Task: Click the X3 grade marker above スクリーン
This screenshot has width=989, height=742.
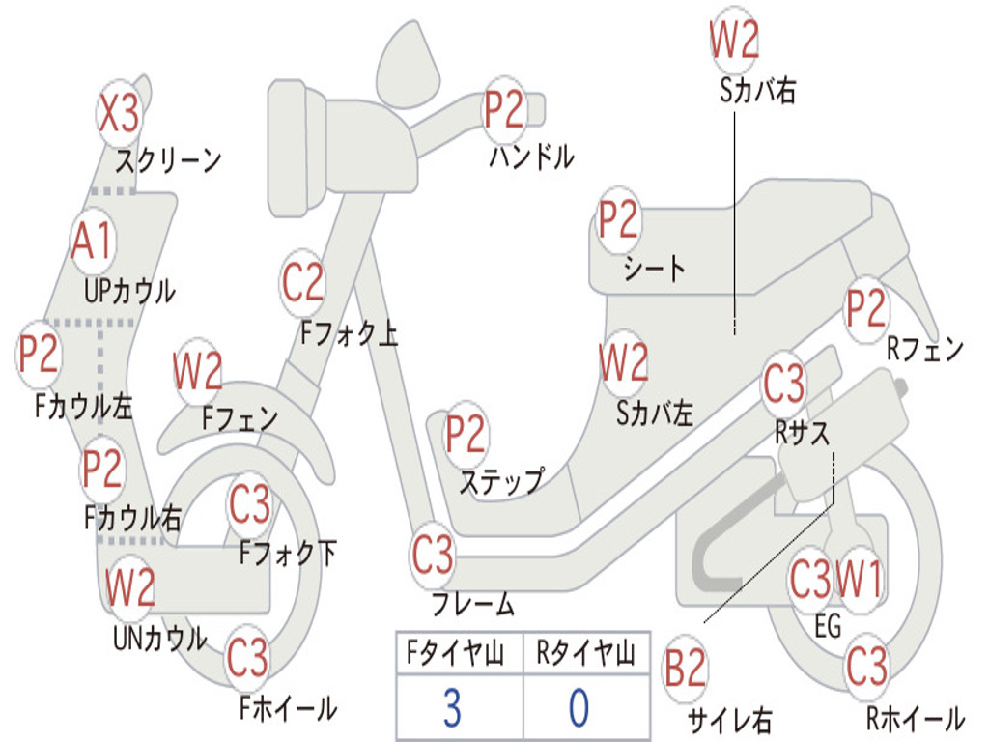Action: point(119,114)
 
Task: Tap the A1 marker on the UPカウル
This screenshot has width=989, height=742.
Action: point(92,241)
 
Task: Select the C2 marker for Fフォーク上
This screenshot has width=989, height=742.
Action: point(302,283)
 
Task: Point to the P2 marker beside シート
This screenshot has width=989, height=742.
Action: point(618,219)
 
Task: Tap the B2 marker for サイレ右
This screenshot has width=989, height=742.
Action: point(685,669)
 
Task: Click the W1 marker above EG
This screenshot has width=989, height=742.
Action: point(859,580)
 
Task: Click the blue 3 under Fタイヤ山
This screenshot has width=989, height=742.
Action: point(452,707)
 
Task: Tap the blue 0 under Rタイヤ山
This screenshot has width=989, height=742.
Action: point(579,707)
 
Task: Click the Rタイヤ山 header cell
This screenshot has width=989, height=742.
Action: point(586,652)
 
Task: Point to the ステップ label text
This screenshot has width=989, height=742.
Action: point(501,481)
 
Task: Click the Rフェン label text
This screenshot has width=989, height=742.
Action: point(925,348)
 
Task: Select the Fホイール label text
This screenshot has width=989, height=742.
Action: point(288,707)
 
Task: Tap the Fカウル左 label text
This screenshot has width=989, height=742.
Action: point(84,406)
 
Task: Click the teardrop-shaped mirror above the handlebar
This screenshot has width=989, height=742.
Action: point(407,65)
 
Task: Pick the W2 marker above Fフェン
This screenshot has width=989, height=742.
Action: point(197,371)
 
